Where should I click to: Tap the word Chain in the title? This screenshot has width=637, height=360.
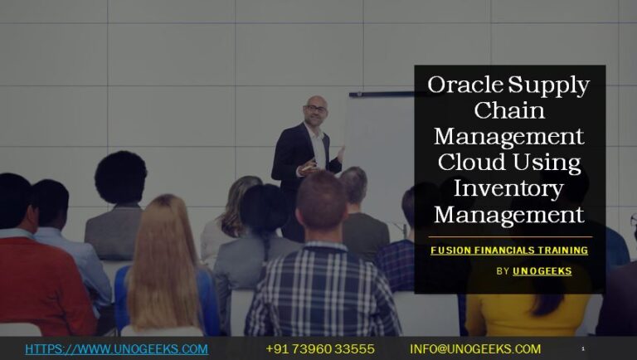[x=509, y=110]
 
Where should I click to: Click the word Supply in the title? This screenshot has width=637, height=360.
[x=548, y=85]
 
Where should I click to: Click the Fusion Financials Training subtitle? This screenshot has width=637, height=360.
[x=509, y=251]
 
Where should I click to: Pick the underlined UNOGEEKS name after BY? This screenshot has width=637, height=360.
[x=542, y=271]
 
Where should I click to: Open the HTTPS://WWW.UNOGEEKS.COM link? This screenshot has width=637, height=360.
[x=116, y=349]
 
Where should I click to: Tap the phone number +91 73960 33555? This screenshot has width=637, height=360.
[x=320, y=349]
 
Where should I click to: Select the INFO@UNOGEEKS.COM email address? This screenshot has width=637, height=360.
[x=475, y=349]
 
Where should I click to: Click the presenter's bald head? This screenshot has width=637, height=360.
[x=315, y=103]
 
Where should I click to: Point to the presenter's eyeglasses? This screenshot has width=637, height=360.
[x=315, y=109]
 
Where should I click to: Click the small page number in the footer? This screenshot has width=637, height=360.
[x=583, y=349]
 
